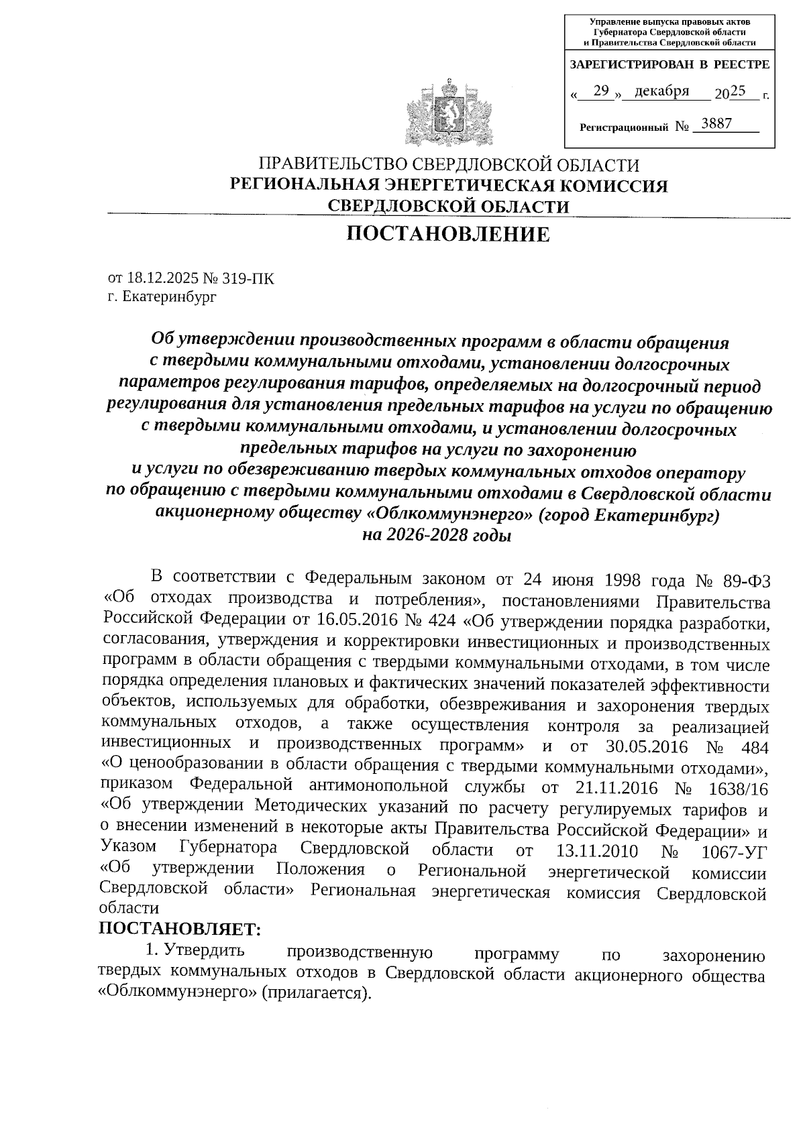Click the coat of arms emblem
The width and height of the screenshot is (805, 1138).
(449, 111)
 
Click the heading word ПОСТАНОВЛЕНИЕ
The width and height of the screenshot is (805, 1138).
(447, 235)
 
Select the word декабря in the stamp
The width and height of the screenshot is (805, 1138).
(661, 92)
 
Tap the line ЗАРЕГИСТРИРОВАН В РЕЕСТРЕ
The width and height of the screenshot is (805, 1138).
(669, 65)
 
